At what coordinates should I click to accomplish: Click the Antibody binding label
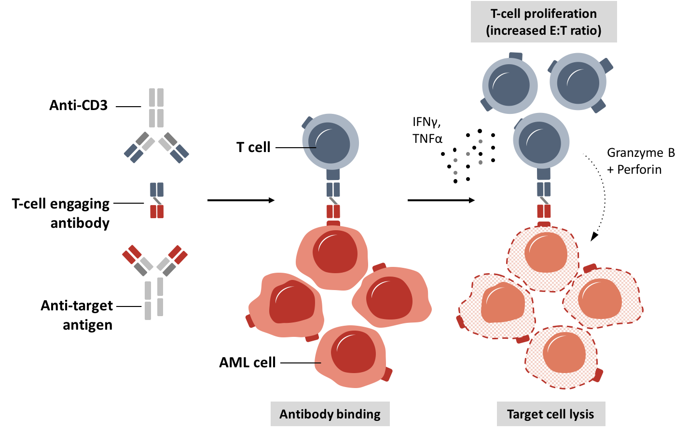[330, 414]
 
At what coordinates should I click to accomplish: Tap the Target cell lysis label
[550, 414]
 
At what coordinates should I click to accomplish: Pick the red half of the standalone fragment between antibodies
[157, 211]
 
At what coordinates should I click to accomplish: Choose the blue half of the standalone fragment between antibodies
[157, 189]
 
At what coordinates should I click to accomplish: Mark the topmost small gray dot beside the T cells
[481, 141]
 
